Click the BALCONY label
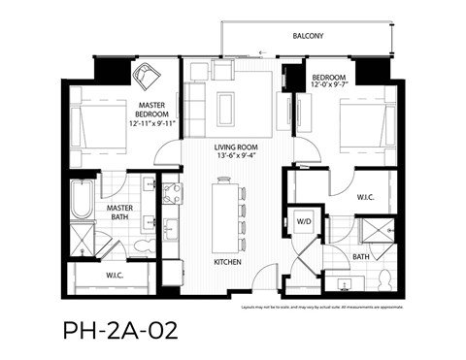click(x=309, y=36)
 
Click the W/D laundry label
click(x=304, y=222)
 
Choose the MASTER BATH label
click(x=120, y=212)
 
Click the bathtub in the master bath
click(x=83, y=201)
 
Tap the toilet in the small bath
click(x=384, y=279)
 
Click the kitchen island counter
click(x=226, y=214)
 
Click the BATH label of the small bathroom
click(x=361, y=257)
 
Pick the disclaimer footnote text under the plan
click(x=335, y=308)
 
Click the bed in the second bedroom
click(x=365, y=128)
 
